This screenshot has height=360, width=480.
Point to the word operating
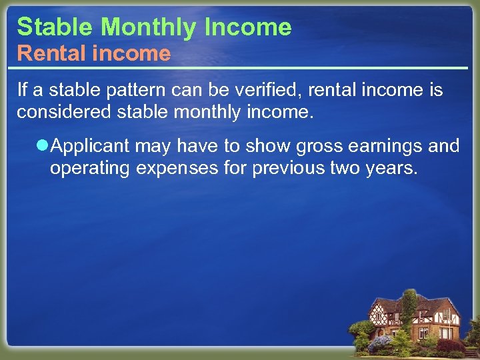point(90,167)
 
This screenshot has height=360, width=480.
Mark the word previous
point(289,167)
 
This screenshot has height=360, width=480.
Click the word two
point(345,167)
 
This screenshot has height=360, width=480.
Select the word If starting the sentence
point(21,89)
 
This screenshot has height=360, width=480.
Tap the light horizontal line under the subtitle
point(240,68)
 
